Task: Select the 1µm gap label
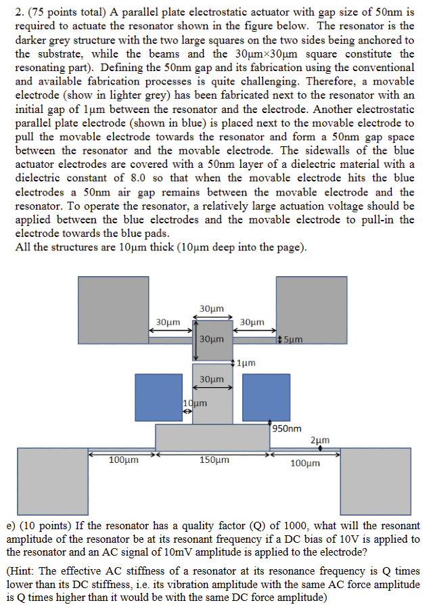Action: click(246, 363)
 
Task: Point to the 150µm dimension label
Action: click(214, 461)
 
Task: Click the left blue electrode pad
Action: click(158, 398)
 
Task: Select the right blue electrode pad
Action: click(267, 398)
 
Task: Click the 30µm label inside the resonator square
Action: click(213, 338)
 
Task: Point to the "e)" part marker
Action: click(11, 525)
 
